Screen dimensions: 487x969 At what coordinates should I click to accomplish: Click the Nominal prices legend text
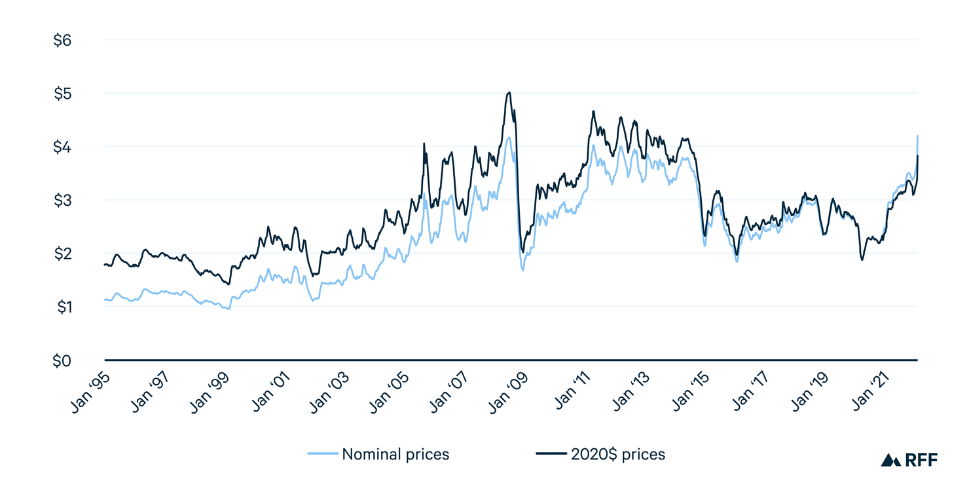click(x=395, y=454)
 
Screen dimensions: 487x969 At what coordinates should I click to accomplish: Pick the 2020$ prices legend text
click(x=617, y=454)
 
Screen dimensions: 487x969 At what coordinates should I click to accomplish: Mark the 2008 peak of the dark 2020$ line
click(x=509, y=92)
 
